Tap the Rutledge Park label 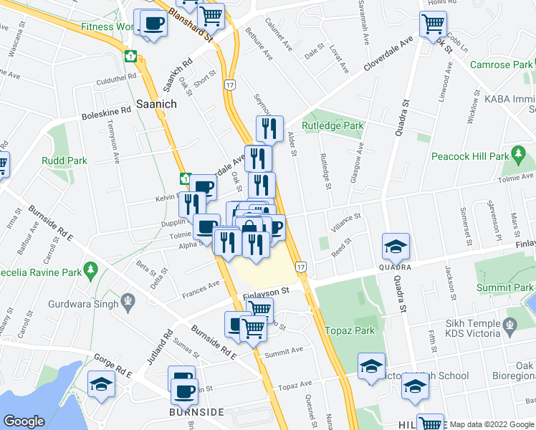click(x=332, y=125)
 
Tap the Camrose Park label click(x=501, y=64)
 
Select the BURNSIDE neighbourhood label click(x=196, y=412)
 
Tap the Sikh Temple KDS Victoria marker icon click(x=509, y=325)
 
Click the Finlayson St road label click(x=265, y=291)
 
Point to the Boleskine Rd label click(x=106, y=110)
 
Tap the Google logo click(x=24, y=421)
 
